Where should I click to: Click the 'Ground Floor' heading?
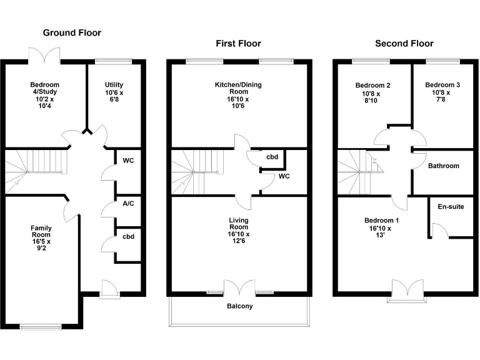point(71,32)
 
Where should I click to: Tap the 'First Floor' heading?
point(238,43)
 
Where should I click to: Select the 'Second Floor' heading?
point(404,43)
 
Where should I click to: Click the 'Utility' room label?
point(114,85)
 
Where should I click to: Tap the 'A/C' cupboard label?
point(129,203)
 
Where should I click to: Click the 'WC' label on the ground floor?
point(129,161)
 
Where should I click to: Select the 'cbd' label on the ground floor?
point(129,236)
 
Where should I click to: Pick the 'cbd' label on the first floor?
point(272,157)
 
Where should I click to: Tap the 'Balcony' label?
point(239,306)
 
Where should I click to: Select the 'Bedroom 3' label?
point(442,86)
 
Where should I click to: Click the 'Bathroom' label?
point(443,166)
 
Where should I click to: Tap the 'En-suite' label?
point(450,206)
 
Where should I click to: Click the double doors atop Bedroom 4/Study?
point(44,56)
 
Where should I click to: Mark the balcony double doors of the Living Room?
point(240,287)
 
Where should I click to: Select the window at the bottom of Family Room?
point(41,326)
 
